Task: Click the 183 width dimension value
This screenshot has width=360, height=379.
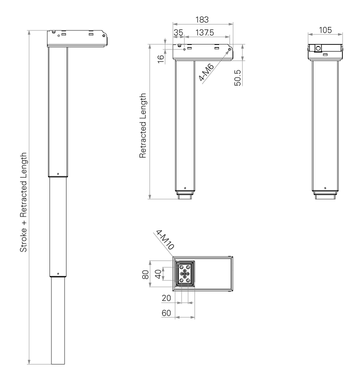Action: [202, 19]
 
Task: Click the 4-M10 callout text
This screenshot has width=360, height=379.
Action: [164, 239]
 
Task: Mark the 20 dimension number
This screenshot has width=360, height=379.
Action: [167, 298]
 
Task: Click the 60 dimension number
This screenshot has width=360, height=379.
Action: [167, 313]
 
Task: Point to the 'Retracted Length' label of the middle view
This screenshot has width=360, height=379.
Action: [143, 125]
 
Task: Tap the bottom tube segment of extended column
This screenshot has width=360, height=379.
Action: [58, 320]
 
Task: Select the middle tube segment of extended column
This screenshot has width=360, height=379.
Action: [58, 225]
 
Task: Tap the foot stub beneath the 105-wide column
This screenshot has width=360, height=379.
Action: [325, 196]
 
